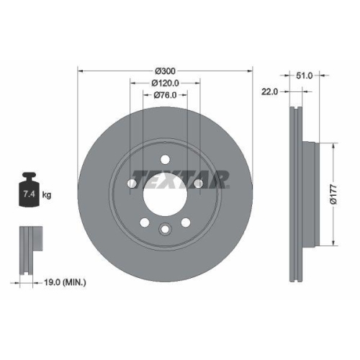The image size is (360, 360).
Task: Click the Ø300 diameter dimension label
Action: coord(165,71)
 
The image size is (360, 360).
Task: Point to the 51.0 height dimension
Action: coord(304,74)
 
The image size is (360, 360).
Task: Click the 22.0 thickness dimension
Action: coord(269,91)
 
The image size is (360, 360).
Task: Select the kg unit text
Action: coord(46,195)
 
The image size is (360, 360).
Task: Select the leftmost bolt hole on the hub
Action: coord(132,184)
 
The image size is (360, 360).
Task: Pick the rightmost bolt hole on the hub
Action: coord(198,184)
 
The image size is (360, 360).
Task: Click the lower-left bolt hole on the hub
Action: coord(144,222)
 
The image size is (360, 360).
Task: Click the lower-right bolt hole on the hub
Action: coord(186,222)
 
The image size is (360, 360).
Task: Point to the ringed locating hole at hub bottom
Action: coord(165,229)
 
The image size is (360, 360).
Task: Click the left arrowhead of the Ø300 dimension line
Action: coord(80,71)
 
